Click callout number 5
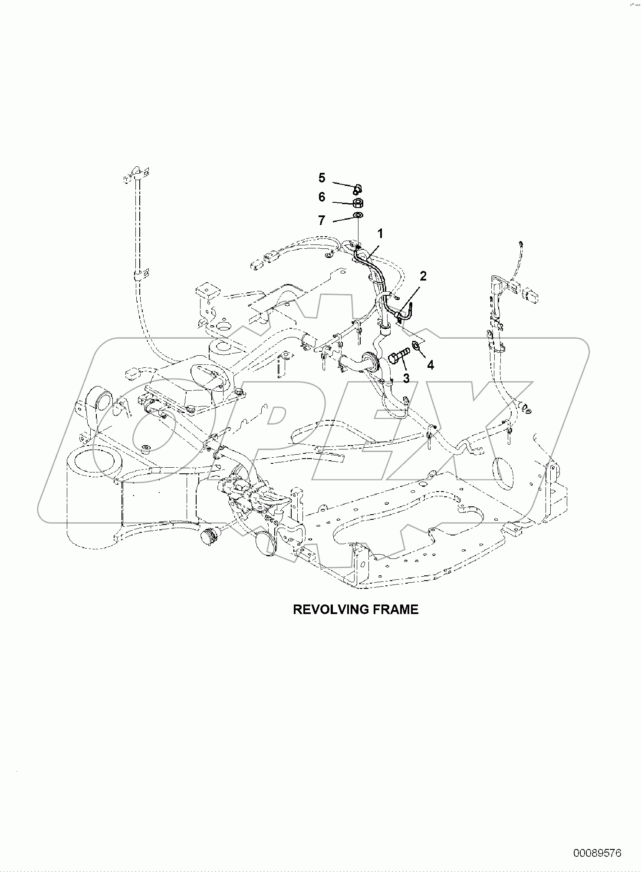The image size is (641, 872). (x=322, y=178)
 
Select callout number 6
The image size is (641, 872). (x=322, y=197)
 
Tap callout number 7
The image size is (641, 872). (x=322, y=221)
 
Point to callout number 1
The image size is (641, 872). (x=380, y=234)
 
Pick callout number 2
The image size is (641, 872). (x=423, y=276)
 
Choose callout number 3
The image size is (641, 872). (x=406, y=378)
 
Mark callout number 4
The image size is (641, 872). (x=430, y=365)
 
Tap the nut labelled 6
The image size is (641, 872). (x=358, y=203)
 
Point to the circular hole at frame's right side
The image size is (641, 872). (x=502, y=473)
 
